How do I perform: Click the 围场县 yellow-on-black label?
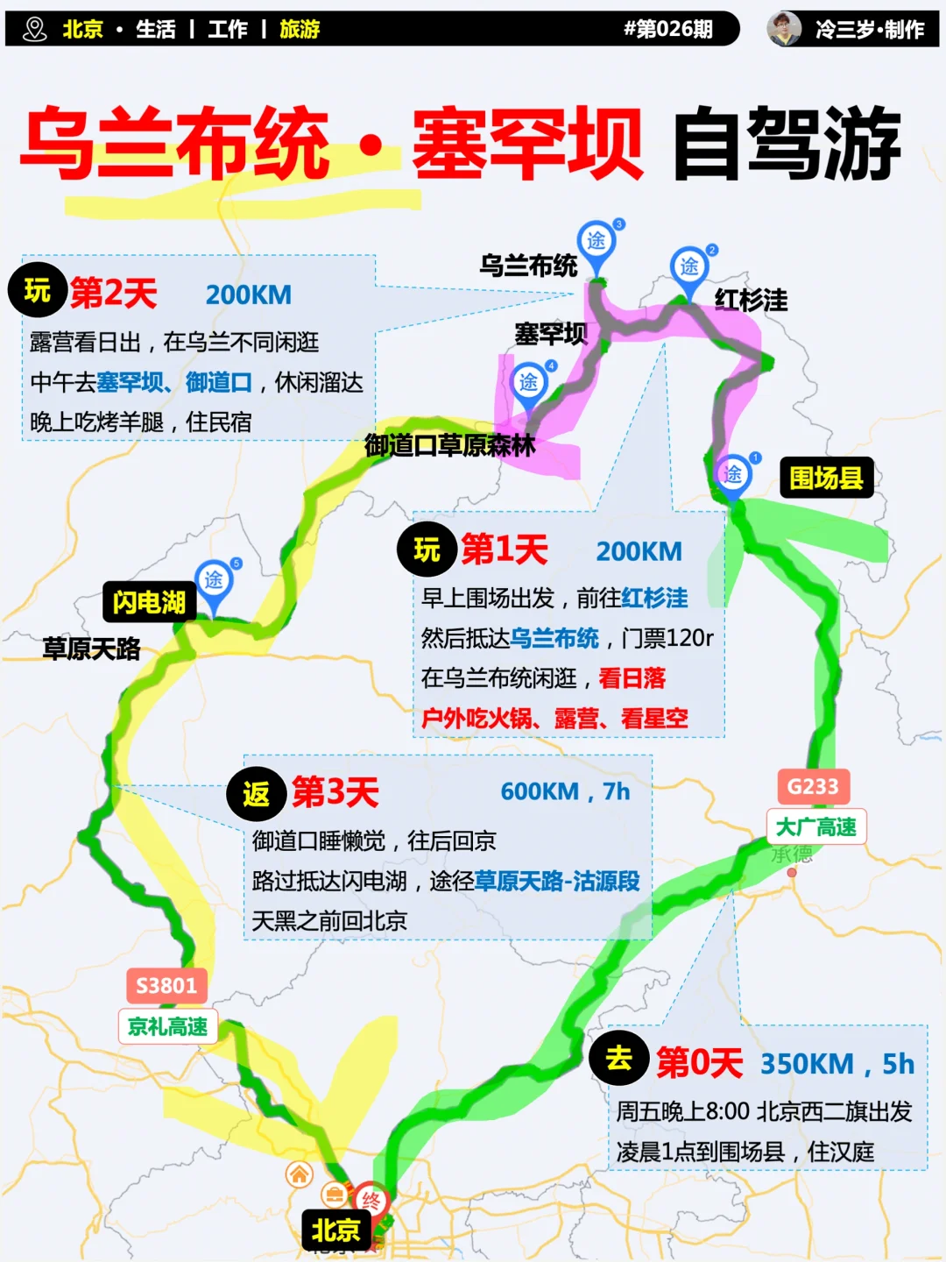point(826,478)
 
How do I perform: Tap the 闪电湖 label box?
point(149,602)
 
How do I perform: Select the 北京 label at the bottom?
point(335,1230)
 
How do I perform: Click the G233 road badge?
point(813,786)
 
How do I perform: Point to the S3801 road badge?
point(166,986)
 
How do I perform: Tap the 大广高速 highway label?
point(816,826)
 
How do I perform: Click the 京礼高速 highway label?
point(167,1026)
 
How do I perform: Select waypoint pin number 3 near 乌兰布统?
point(597,241)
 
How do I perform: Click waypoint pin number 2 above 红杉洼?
point(689,266)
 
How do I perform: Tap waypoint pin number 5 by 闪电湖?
point(214,580)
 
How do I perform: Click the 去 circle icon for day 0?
point(619,1059)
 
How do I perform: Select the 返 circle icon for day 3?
point(257,794)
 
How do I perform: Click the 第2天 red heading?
point(113,293)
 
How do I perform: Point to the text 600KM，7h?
point(565,791)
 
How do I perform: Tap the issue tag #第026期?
point(667,29)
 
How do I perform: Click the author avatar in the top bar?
point(784,29)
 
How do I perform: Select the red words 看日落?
point(632,677)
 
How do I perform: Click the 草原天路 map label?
point(92,649)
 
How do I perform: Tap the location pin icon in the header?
point(35,29)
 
